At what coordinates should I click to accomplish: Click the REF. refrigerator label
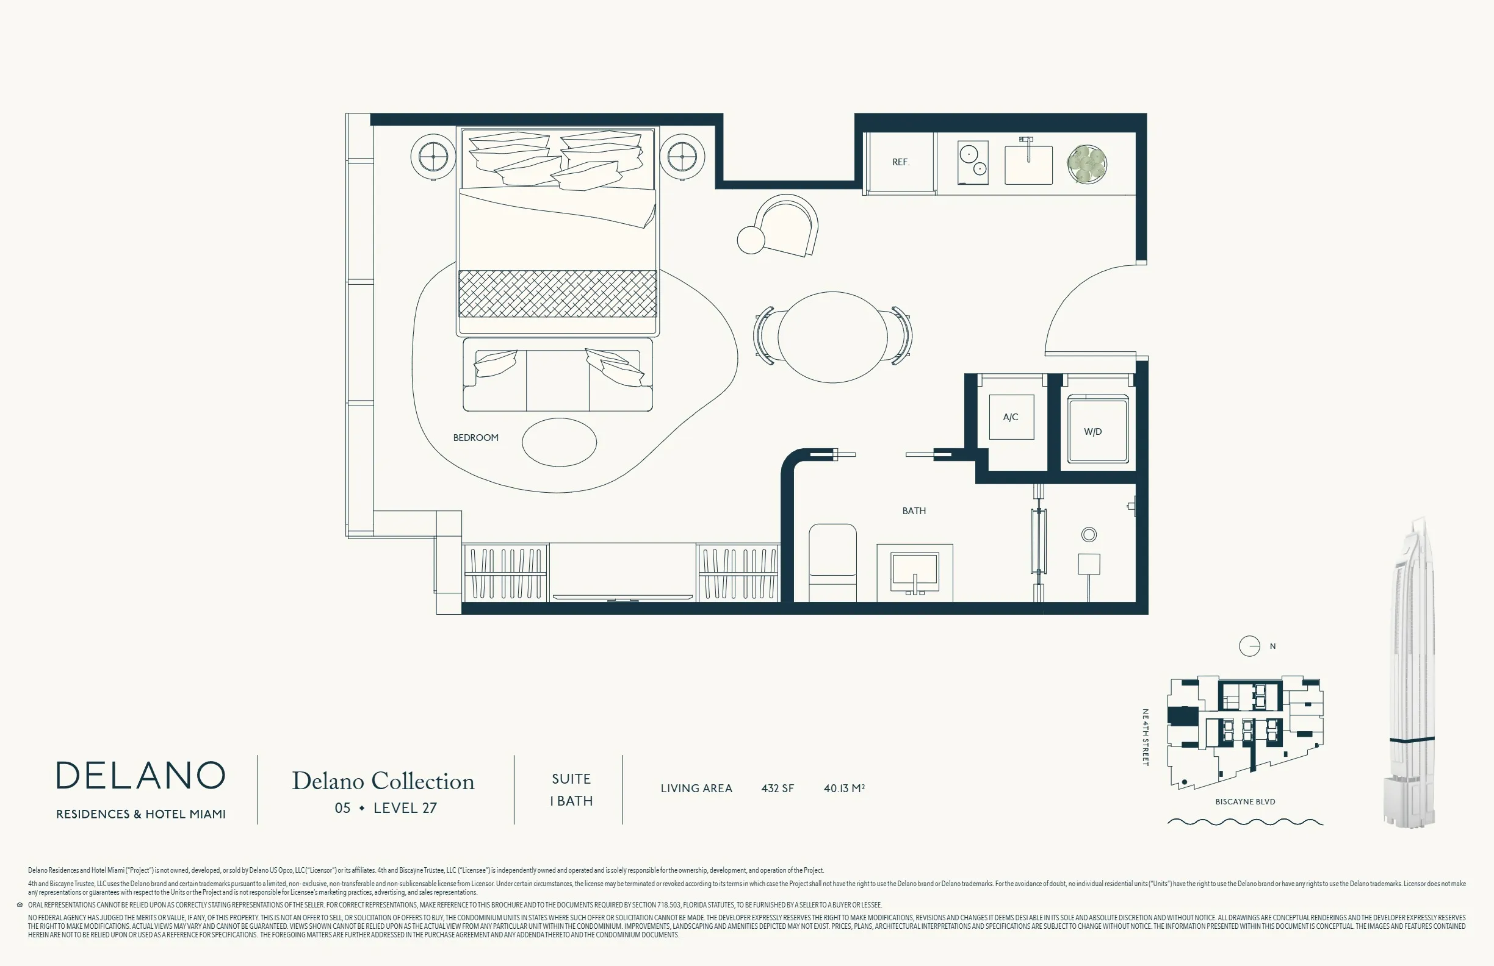point(901,162)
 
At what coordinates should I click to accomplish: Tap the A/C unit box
point(1011,417)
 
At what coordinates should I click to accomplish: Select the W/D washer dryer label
point(1093,432)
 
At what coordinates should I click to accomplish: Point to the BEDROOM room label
point(476,437)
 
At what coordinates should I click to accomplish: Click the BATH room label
point(914,510)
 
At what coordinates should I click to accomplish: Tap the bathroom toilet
point(832,563)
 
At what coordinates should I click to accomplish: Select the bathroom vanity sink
point(915,573)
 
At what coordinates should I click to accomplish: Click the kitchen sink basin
point(1028,164)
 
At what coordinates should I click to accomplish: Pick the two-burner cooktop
point(973,162)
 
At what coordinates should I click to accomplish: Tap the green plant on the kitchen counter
point(1086,164)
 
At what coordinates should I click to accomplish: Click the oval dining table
point(832,337)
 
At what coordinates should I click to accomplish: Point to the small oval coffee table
point(559,442)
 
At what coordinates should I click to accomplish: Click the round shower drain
point(1089,534)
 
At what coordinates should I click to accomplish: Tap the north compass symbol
point(1249,646)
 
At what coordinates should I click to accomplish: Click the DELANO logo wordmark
point(140,775)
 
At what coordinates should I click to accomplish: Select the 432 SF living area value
point(777,789)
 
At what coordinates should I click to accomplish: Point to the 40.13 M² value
point(843,789)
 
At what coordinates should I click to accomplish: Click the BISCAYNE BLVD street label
point(1245,802)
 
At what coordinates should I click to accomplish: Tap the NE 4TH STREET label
point(1146,737)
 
